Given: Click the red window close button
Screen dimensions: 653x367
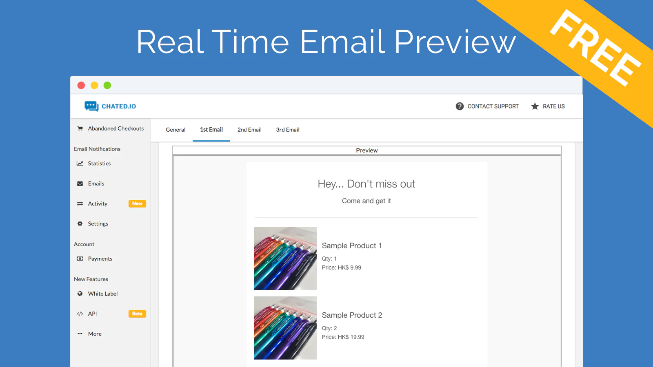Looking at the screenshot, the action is tap(81, 85).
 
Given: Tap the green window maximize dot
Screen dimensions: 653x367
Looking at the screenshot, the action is tap(107, 85).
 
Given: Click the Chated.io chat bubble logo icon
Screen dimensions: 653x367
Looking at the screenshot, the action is tap(91, 106).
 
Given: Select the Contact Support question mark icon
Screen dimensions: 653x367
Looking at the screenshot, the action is tap(460, 106).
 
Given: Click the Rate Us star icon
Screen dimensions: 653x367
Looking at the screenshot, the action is tap(535, 106).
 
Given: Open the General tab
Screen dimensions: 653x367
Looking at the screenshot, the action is tap(175, 130).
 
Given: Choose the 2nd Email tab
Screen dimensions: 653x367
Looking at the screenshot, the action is tap(249, 130).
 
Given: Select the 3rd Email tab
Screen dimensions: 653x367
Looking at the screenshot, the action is tap(288, 130).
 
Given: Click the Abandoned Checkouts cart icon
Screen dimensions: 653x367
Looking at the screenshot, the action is tap(80, 128).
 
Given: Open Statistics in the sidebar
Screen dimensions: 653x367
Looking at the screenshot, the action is tap(99, 164).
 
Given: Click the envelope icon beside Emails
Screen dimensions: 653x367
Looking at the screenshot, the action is tap(80, 183).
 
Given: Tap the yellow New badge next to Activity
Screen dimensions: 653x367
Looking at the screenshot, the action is tap(137, 203).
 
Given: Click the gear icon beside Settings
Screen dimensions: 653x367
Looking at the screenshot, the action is tap(80, 224).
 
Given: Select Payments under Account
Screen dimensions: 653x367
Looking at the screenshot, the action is tap(100, 259).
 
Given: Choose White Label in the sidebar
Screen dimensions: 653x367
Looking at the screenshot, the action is tap(102, 294).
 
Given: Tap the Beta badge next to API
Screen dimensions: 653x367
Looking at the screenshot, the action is tap(137, 314).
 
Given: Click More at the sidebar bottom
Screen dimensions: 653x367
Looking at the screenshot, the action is tap(95, 334).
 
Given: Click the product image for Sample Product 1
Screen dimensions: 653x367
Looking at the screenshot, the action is tap(285, 259).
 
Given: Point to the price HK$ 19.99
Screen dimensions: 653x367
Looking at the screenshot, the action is tap(351, 337).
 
